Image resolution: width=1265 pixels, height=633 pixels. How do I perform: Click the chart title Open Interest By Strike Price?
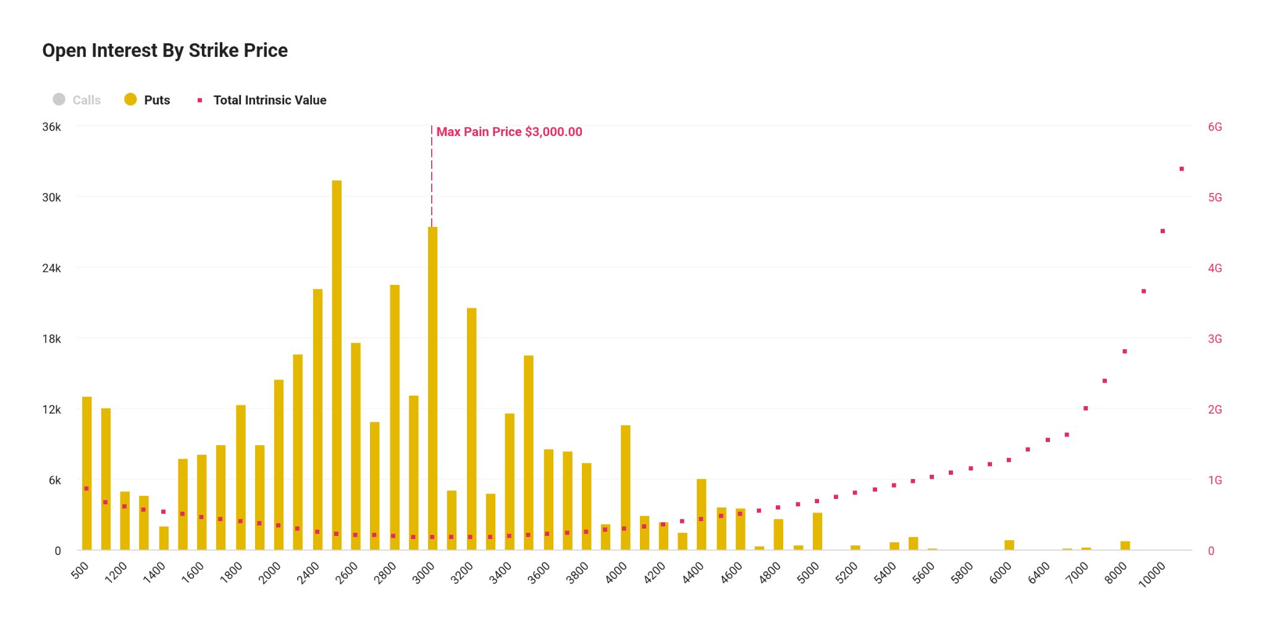pyautogui.click(x=165, y=51)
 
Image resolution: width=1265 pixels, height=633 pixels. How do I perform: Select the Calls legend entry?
pyautogui.click(x=77, y=100)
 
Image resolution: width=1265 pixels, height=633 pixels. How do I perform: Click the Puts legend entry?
pyautogui.click(x=148, y=100)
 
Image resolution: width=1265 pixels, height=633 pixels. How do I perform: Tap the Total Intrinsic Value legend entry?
pyautogui.click(x=263, y=100)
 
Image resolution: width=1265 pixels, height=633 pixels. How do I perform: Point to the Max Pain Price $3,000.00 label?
pyautogui.click(x=509, y=132)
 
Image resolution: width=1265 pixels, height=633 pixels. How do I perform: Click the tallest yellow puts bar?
pyautogui.click(x=337, y=365)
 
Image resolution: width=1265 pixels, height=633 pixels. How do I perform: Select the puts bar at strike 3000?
pyautogui.click(x=432, y=388)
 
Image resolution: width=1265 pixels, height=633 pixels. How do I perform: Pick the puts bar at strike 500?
pyautogui.click(x=87, y=473)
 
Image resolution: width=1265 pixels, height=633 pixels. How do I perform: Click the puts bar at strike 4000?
pyautogui.click(x=626, y=487)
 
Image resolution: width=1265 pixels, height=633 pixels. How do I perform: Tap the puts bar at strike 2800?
pyautogui.click(x=395, y=417)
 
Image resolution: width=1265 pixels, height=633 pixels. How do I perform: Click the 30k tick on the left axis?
pyautogui.click(x=52, y=198)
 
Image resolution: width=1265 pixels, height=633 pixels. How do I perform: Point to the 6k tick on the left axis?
pyautogui.click(x=55, y=480)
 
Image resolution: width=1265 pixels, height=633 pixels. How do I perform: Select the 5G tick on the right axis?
pyautogui.click(x=1215, y=198)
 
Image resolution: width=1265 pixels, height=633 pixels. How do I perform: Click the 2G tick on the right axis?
pyautogui.click(x=1215, y=410)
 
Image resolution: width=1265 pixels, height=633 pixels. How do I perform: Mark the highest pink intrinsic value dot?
pyautogui.click(x=1182, y=169)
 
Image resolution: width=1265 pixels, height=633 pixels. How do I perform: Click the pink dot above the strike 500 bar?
pyautogui.click(x=86, y=488)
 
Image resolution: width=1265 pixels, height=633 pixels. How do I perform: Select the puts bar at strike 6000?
pyautogui.click(x=1009, y=545)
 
